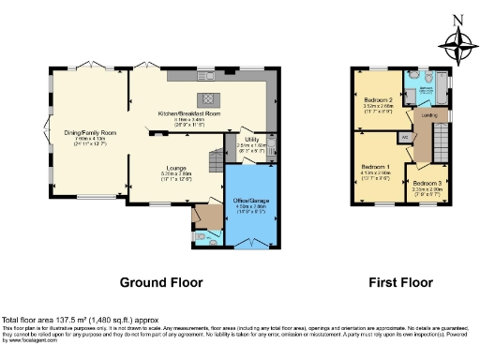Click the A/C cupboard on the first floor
pyautogui.click(x=404, y=137)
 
